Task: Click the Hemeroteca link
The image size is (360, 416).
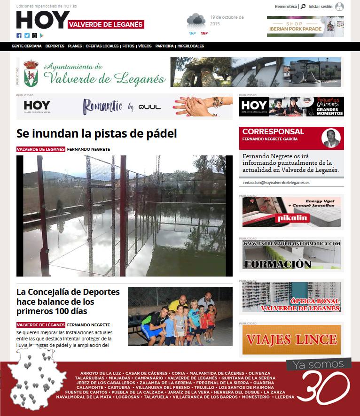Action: click(286, 7)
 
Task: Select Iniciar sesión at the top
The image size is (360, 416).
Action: click(321, 7)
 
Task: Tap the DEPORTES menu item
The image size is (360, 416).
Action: click(55, 46)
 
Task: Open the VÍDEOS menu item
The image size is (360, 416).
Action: click(145, 46)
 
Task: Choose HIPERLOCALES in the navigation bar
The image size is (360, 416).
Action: click(191, 46)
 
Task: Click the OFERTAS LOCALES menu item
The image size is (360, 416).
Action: click(102, 46)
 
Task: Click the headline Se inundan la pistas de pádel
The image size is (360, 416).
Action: click(96, 133)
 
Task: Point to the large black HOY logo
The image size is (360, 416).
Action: click(43, 20)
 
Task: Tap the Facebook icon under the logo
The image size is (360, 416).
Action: click(19, 36)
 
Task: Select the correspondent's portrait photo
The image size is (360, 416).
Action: click(331, 138)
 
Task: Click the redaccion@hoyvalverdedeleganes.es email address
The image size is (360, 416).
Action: click(276, 183)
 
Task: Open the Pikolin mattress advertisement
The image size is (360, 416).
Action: click(291, 212)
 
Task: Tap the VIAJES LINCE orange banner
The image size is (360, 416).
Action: click(291, 339)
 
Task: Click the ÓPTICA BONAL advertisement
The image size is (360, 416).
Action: click(291, 297)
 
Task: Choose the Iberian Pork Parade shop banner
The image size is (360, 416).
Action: click(305, 26)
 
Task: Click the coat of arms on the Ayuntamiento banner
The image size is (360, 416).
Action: click(31, 72)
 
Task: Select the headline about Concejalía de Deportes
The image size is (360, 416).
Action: click(68, 301)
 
